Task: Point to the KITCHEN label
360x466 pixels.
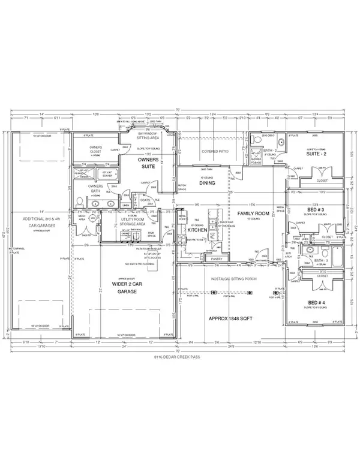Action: tap(199, 230)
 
